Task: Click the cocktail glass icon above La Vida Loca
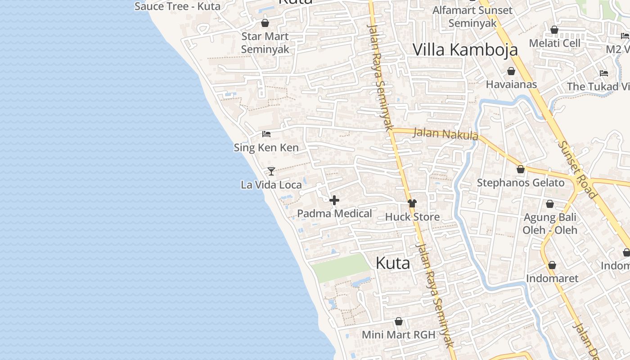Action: coord(271,171)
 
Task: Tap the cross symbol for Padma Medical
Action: coord(334,200)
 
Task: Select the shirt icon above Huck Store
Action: coord(412,203)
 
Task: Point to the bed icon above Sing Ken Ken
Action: coord(266,134)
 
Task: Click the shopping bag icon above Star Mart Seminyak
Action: coord(265,23)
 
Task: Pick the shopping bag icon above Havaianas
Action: coord(511,71)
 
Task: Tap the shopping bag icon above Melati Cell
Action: coord(554,30)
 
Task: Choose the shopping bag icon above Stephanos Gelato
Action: coord(521,169)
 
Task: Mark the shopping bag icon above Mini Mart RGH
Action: coord(398,321)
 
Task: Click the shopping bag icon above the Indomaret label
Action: coord(552,265)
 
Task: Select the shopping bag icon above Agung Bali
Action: coord(549,204)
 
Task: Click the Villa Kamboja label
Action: coord(465,49)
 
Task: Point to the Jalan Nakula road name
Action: coord(445,134)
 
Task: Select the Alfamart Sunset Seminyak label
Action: coord(472,17)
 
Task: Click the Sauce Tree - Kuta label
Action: coord(177,6)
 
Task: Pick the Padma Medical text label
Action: coord(334,214)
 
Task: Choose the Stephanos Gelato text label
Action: coord(521,183)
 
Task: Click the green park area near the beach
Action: coord(341,267)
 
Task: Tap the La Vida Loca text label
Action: coord(271,185)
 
